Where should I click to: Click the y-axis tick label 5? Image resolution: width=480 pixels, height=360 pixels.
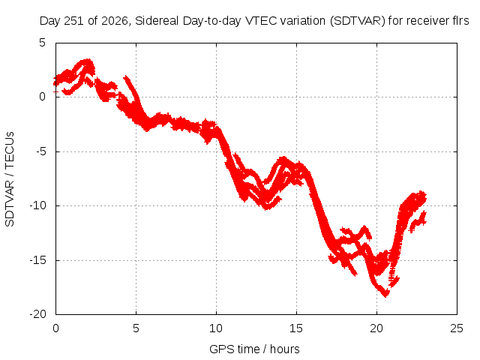tap(42, 43)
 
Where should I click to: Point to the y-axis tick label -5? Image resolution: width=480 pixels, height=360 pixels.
tap(39, 151)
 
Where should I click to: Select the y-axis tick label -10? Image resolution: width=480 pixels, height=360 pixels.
tap(37, 205)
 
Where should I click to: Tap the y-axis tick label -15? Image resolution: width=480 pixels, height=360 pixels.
tap(37, 260)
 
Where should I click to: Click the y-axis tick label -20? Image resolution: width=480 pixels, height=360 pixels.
tap(37, 314)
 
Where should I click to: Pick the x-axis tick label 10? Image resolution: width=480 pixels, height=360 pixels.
tap(216, 328)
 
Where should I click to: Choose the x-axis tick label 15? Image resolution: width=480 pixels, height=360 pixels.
tap(296, 328)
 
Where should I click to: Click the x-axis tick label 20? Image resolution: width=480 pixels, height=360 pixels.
tap(376, 328)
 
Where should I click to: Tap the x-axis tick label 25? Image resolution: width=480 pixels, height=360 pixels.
tap(457, 328)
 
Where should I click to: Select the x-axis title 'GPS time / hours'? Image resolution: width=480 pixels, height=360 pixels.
tap(254, 349)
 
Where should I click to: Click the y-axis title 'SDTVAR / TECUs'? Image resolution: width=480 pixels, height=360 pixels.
tap(10, 179)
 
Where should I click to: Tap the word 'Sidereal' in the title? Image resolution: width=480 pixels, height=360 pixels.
tap(157, 21)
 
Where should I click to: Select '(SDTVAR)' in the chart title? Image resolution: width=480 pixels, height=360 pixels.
tap(358, 21)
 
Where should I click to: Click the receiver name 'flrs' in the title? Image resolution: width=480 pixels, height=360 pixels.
tap(460, 21)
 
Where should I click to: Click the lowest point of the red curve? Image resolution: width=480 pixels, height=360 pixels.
tap(385, 295)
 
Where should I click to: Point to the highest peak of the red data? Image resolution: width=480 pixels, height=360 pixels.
tap(88, 60)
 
